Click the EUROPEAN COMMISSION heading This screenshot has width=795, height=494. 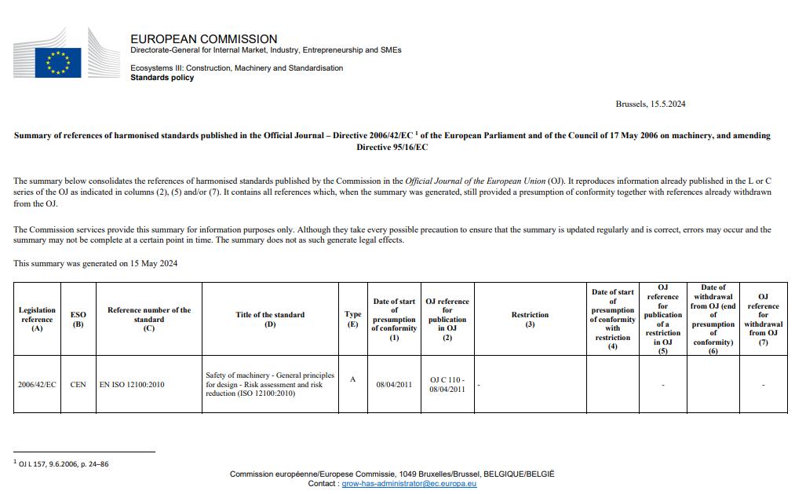(x=203, y=38)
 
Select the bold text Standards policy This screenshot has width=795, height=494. (x=162, y=78)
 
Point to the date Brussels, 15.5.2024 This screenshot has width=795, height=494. (x=651, y=104)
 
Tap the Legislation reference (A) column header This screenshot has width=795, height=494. (x=37, y=319)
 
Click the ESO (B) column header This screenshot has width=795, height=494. (x=78, y=319)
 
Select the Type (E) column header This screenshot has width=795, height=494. (x=353, y=319)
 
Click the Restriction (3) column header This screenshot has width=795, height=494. (x=530, y=319)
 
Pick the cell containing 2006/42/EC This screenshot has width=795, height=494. (x=37, y=385)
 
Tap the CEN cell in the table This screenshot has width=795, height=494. (x=78, y=385)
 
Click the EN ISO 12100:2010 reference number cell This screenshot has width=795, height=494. (x=132, y=385)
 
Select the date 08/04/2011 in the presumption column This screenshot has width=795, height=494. (x=394, y=385)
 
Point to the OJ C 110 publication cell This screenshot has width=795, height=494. (x=447, y=384)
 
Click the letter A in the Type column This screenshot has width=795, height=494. (x=352, y=379)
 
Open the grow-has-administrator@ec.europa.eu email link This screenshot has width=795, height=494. (x=409, y=484)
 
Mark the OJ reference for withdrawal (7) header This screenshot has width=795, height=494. (x=763, y=319)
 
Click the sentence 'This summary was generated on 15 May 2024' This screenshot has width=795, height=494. (x=95, y=263)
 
